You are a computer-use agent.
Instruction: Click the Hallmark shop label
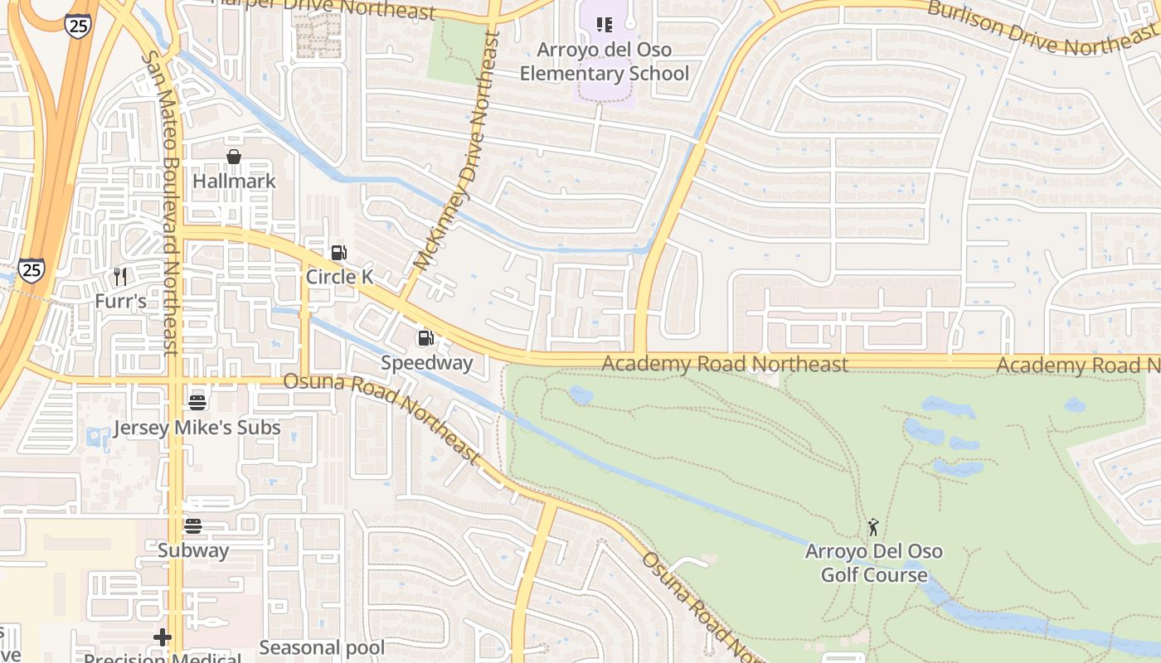click(x=234, y=181)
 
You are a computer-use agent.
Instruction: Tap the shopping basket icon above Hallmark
click(x=234, y=157)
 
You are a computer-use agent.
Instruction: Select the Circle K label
click(x=340, y=277)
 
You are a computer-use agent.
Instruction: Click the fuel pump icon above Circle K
click(x=338, y=253)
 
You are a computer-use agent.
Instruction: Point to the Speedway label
click(x=426, y=363)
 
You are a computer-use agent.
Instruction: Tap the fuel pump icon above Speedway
click(x=425, y=338)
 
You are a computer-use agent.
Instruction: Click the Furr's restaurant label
click(x=120, y=301)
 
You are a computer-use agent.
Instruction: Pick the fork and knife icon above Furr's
click(x=121, y=276)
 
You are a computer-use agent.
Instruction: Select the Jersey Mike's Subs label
click(x=197, y=428)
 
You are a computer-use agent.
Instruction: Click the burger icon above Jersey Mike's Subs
click(x=197, y=403)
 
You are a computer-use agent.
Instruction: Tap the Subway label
click(x=193, y=550)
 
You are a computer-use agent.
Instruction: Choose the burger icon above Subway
click(x=193, y=526)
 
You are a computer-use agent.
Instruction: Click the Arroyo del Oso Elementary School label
click(x=605, y=61)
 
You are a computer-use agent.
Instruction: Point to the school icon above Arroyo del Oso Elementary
click(x=605, y=25)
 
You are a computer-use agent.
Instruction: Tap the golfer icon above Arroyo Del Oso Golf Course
click(x=872, y=527)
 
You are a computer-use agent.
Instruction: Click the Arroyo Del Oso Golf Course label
click(x=873, y=563)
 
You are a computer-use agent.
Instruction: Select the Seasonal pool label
click(x=322, y=648)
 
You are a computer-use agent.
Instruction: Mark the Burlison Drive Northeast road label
click(x=1041, y=28)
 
